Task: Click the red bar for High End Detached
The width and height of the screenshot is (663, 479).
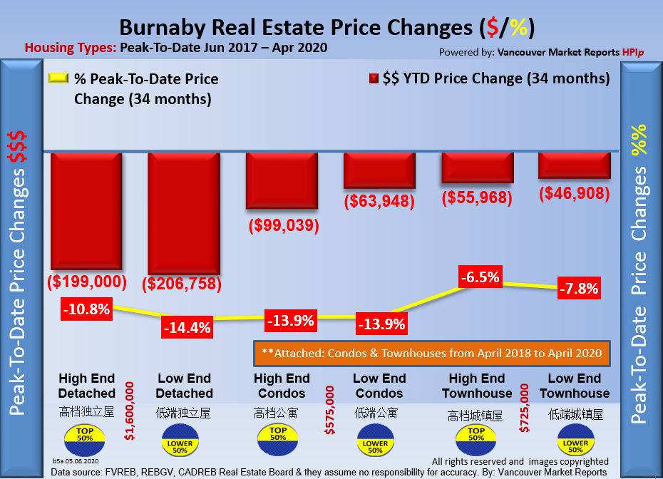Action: (86, 210)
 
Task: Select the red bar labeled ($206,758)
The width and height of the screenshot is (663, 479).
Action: (183, 212)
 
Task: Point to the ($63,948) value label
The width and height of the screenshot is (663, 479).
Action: (379, 201)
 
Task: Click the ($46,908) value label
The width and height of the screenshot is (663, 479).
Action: (575, 192)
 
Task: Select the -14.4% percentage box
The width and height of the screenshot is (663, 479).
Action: (186, 328)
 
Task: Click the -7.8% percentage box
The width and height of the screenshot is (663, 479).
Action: (578, 289)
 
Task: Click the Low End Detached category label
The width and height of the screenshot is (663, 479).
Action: (184, 386)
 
